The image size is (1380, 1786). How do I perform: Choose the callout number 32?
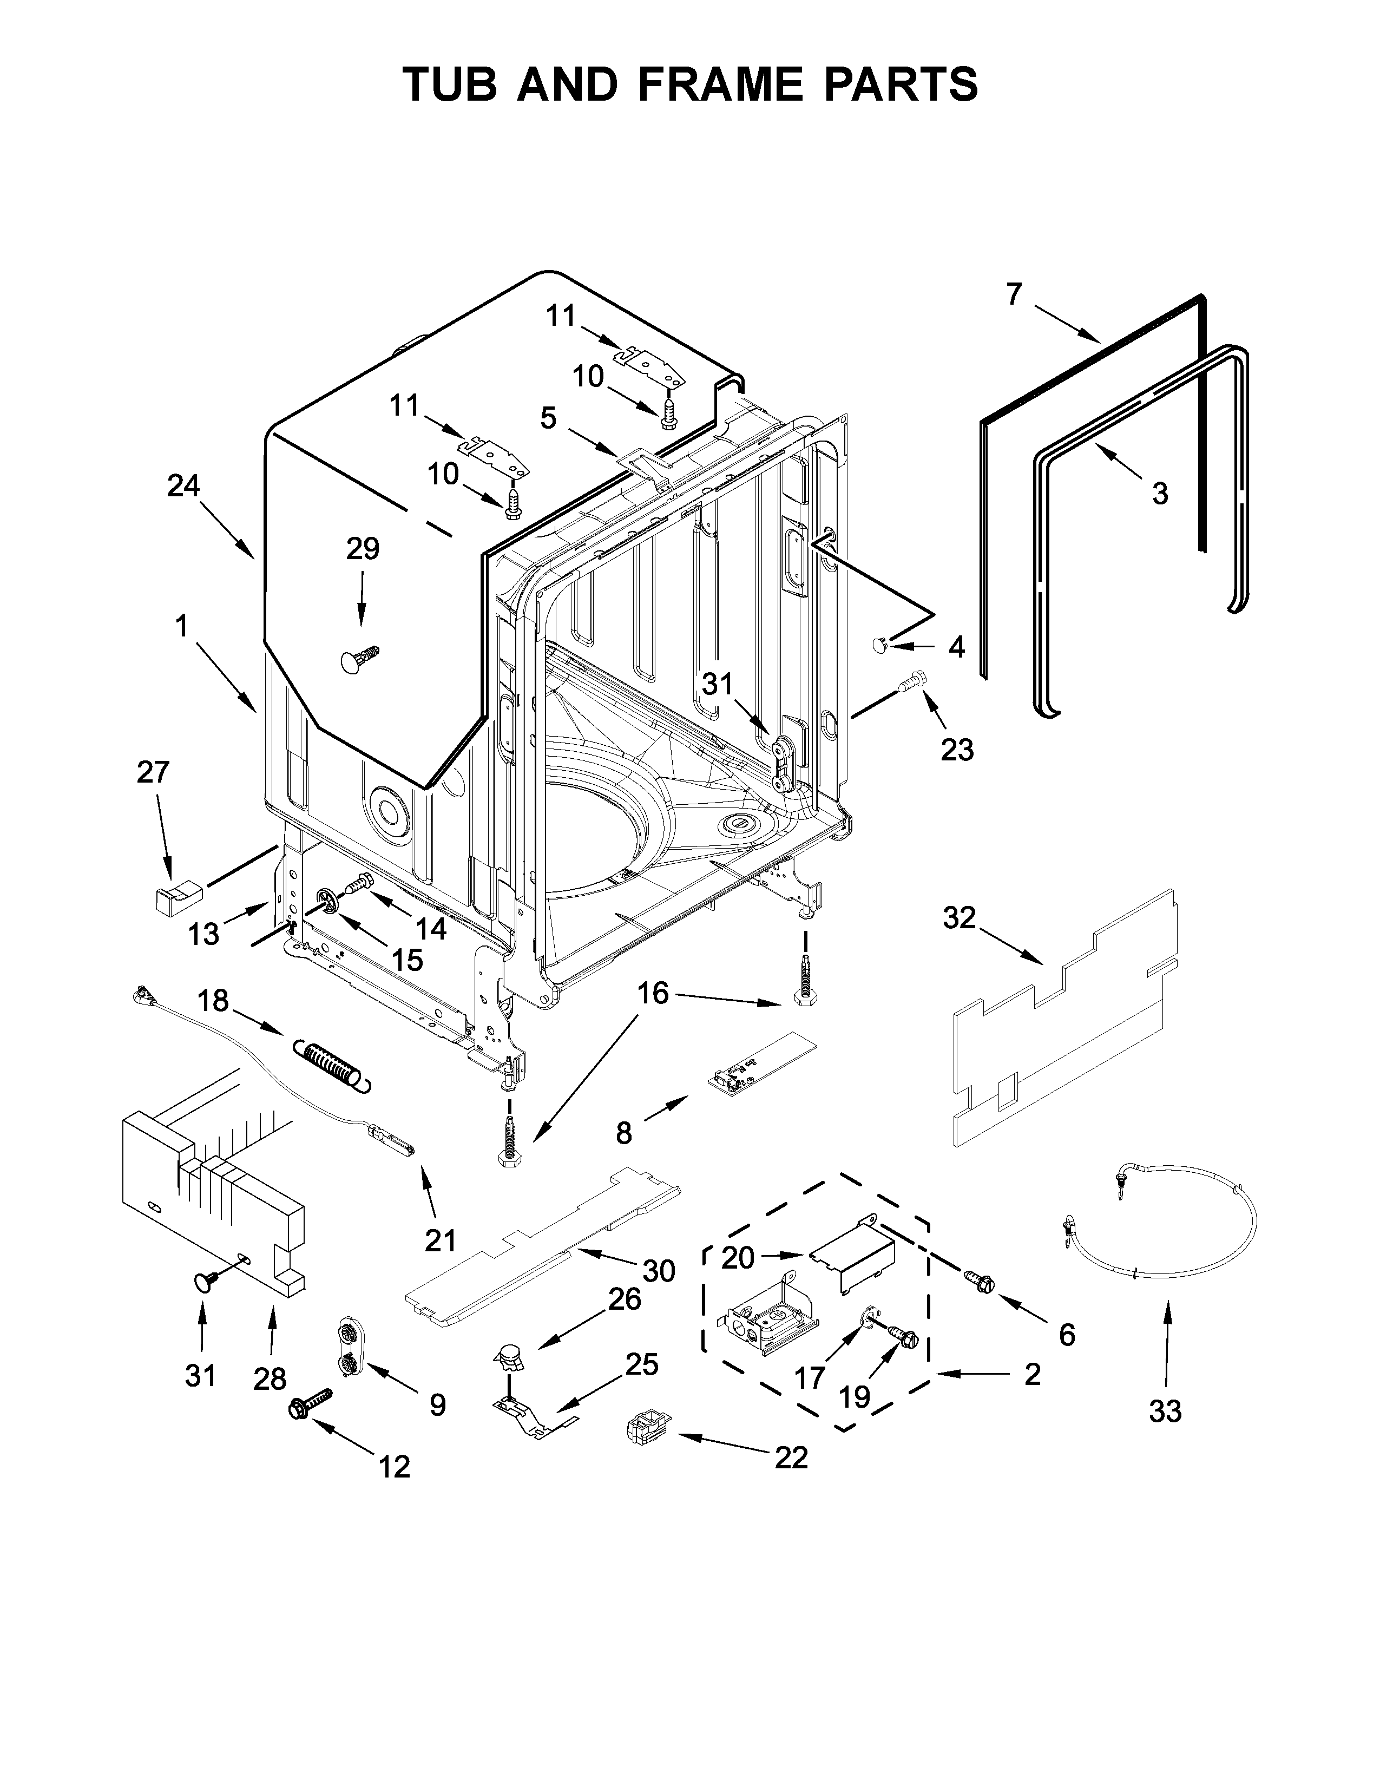click(959, 918)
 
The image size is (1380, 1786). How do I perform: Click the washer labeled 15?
click(328, 901)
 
